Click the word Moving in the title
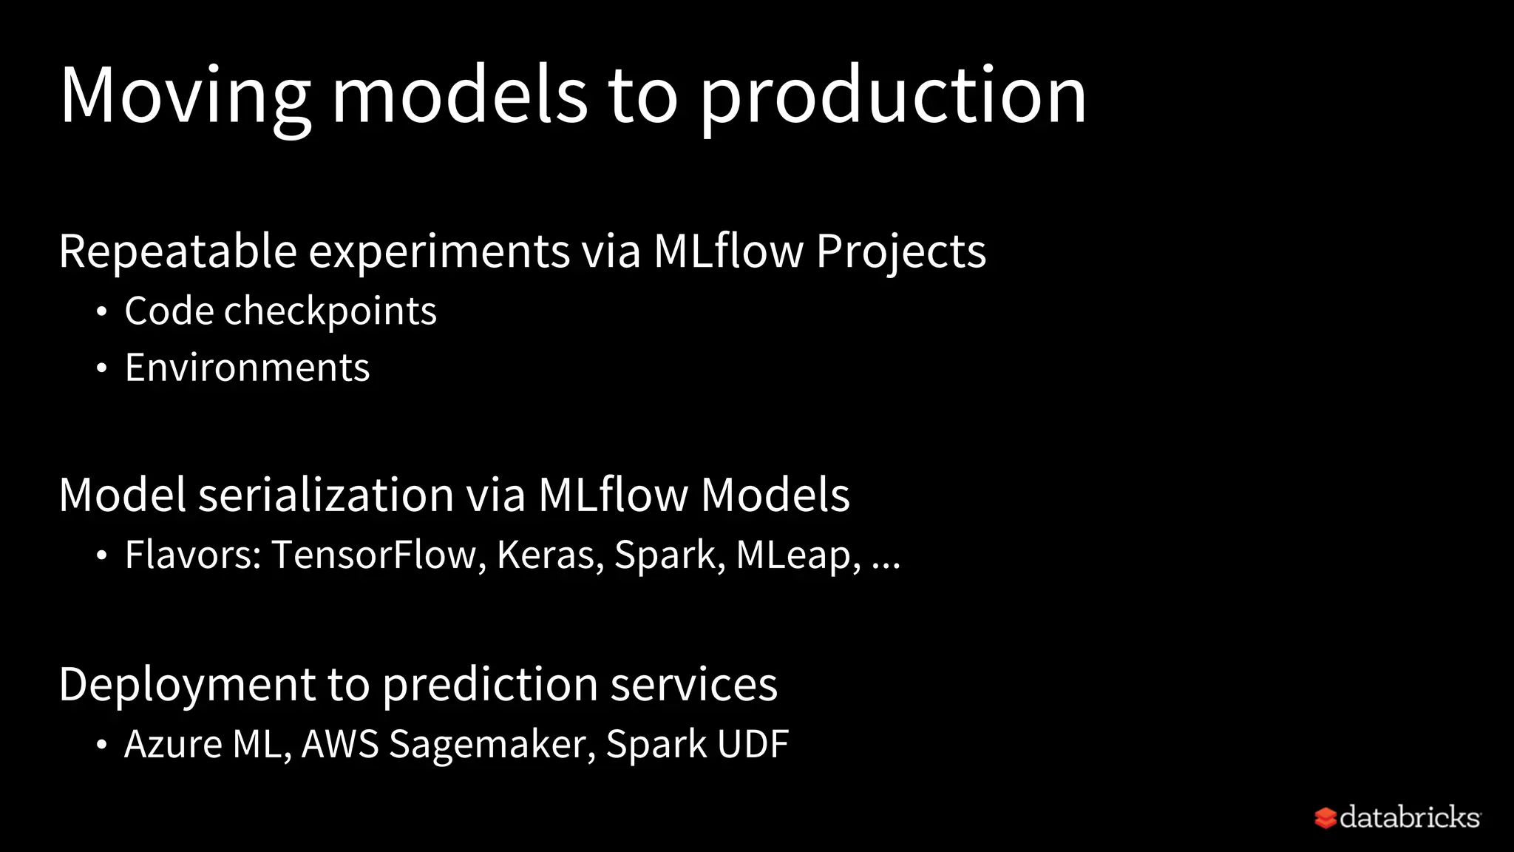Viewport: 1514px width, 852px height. (x=185, y=96)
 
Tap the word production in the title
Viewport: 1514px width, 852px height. (x=892, y=96)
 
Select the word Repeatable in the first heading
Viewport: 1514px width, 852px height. (x=177, y=251)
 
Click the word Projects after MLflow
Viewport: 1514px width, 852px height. (x=900, y=251)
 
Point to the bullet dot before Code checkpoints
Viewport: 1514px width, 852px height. (x=102, y=311)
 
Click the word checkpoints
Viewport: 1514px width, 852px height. (x=330, y=311)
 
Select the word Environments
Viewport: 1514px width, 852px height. (x=247, y=368)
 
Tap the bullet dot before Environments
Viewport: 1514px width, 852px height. (x=102, y=368)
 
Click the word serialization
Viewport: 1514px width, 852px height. (x=325, y=495)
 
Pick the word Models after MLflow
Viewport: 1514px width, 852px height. (x=775, y=495)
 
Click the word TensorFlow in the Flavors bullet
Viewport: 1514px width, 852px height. (x=374, y=555)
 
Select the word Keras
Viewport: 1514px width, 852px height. (x=546, y=555)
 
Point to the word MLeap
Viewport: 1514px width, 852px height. (x=794, y=555)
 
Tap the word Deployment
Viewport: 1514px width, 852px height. (x=187, y=684)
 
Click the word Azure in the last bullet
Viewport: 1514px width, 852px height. (x=173, y=744)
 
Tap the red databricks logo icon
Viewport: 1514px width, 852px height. (x=1325, y=818)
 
